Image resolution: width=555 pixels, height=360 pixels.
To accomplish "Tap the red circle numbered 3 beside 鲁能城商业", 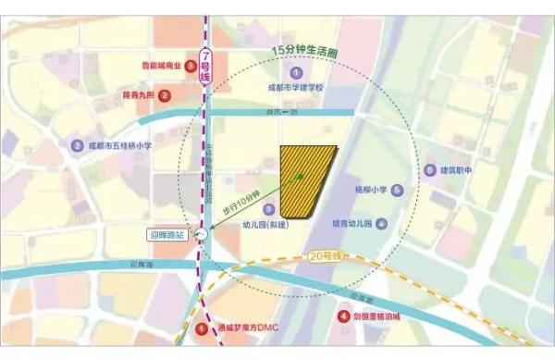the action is pos(191,66).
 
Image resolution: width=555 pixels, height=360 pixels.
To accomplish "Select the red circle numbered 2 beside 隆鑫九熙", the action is pos(164,94).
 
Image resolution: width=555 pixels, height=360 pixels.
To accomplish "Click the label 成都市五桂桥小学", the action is pos(120,145).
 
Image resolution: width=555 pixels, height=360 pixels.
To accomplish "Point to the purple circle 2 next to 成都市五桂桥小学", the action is pos(77,145).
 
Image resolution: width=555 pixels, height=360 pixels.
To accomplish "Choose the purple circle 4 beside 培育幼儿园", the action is pos(380,224).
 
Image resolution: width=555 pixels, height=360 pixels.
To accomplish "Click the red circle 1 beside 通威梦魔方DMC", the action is pos(203,328).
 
